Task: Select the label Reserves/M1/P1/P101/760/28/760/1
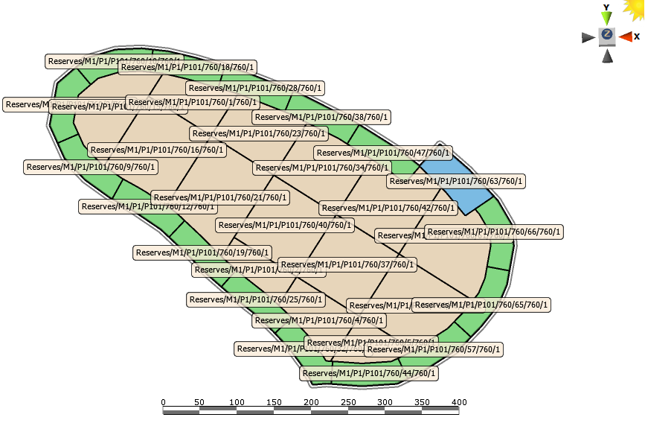pos(254,88)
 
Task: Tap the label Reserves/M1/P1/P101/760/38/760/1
pos(321,117)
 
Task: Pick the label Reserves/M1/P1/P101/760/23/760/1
pos(259,133)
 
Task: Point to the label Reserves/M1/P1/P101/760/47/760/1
pos(383,153)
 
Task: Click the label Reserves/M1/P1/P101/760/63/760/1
pos(457,181)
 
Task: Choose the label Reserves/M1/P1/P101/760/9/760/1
pos(91,167)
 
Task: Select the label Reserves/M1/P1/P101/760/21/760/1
pos(220,197)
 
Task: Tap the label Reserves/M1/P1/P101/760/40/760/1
pos(285,225)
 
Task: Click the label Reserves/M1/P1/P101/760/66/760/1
pos(494,232)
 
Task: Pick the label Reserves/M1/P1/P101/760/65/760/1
pos(481,305)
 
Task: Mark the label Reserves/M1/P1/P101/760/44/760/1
pos(369,373)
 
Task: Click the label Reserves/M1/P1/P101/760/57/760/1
pos(434,349)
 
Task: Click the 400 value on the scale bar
pos(458,402)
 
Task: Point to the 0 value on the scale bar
pos(164,402)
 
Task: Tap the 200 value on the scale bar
pos(310,402)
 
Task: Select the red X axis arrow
pos(626,36)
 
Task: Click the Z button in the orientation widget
pos(607,35)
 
